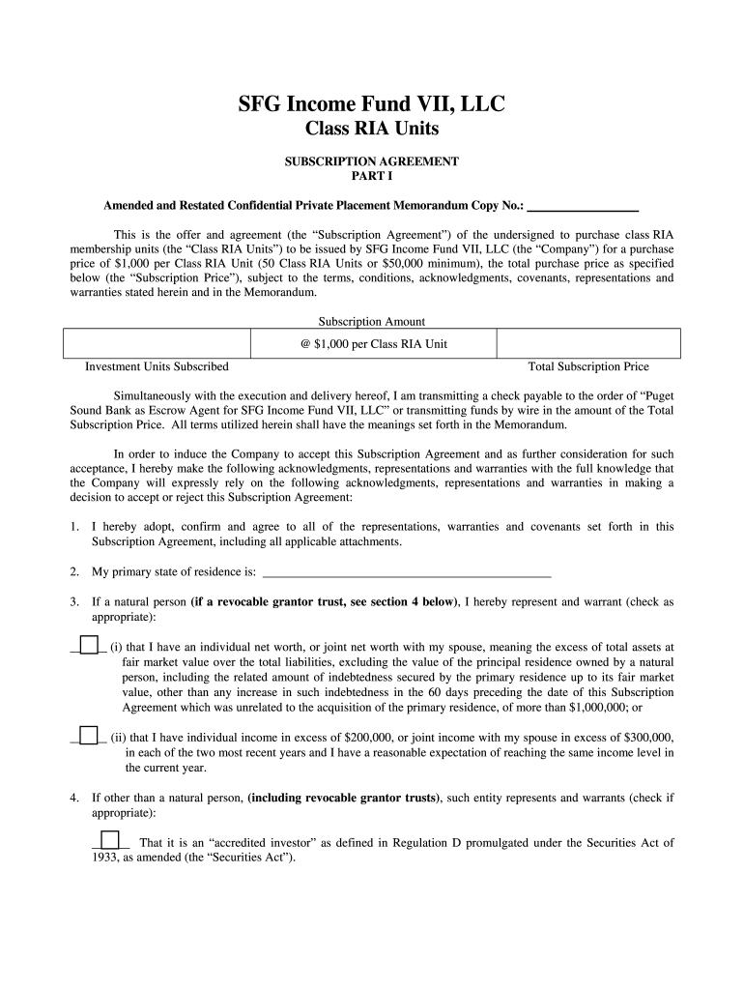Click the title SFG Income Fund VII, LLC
tap(372, 104)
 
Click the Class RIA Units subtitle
tap(372, 131)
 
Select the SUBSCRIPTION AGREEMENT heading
tap(372, 161)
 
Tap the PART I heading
tap(372, 177)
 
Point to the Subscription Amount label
tap(372, 322)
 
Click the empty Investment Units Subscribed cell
tap(157, 344)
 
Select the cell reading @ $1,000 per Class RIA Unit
tap(373, 344)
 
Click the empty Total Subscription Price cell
tap(587, 344)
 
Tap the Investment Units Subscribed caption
tap(157, 367)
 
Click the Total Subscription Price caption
tap(588, 367)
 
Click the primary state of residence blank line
tap(407, 571)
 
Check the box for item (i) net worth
tap(88, 645)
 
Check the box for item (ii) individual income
tap(88, 735)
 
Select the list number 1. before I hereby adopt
tap(74, 527)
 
